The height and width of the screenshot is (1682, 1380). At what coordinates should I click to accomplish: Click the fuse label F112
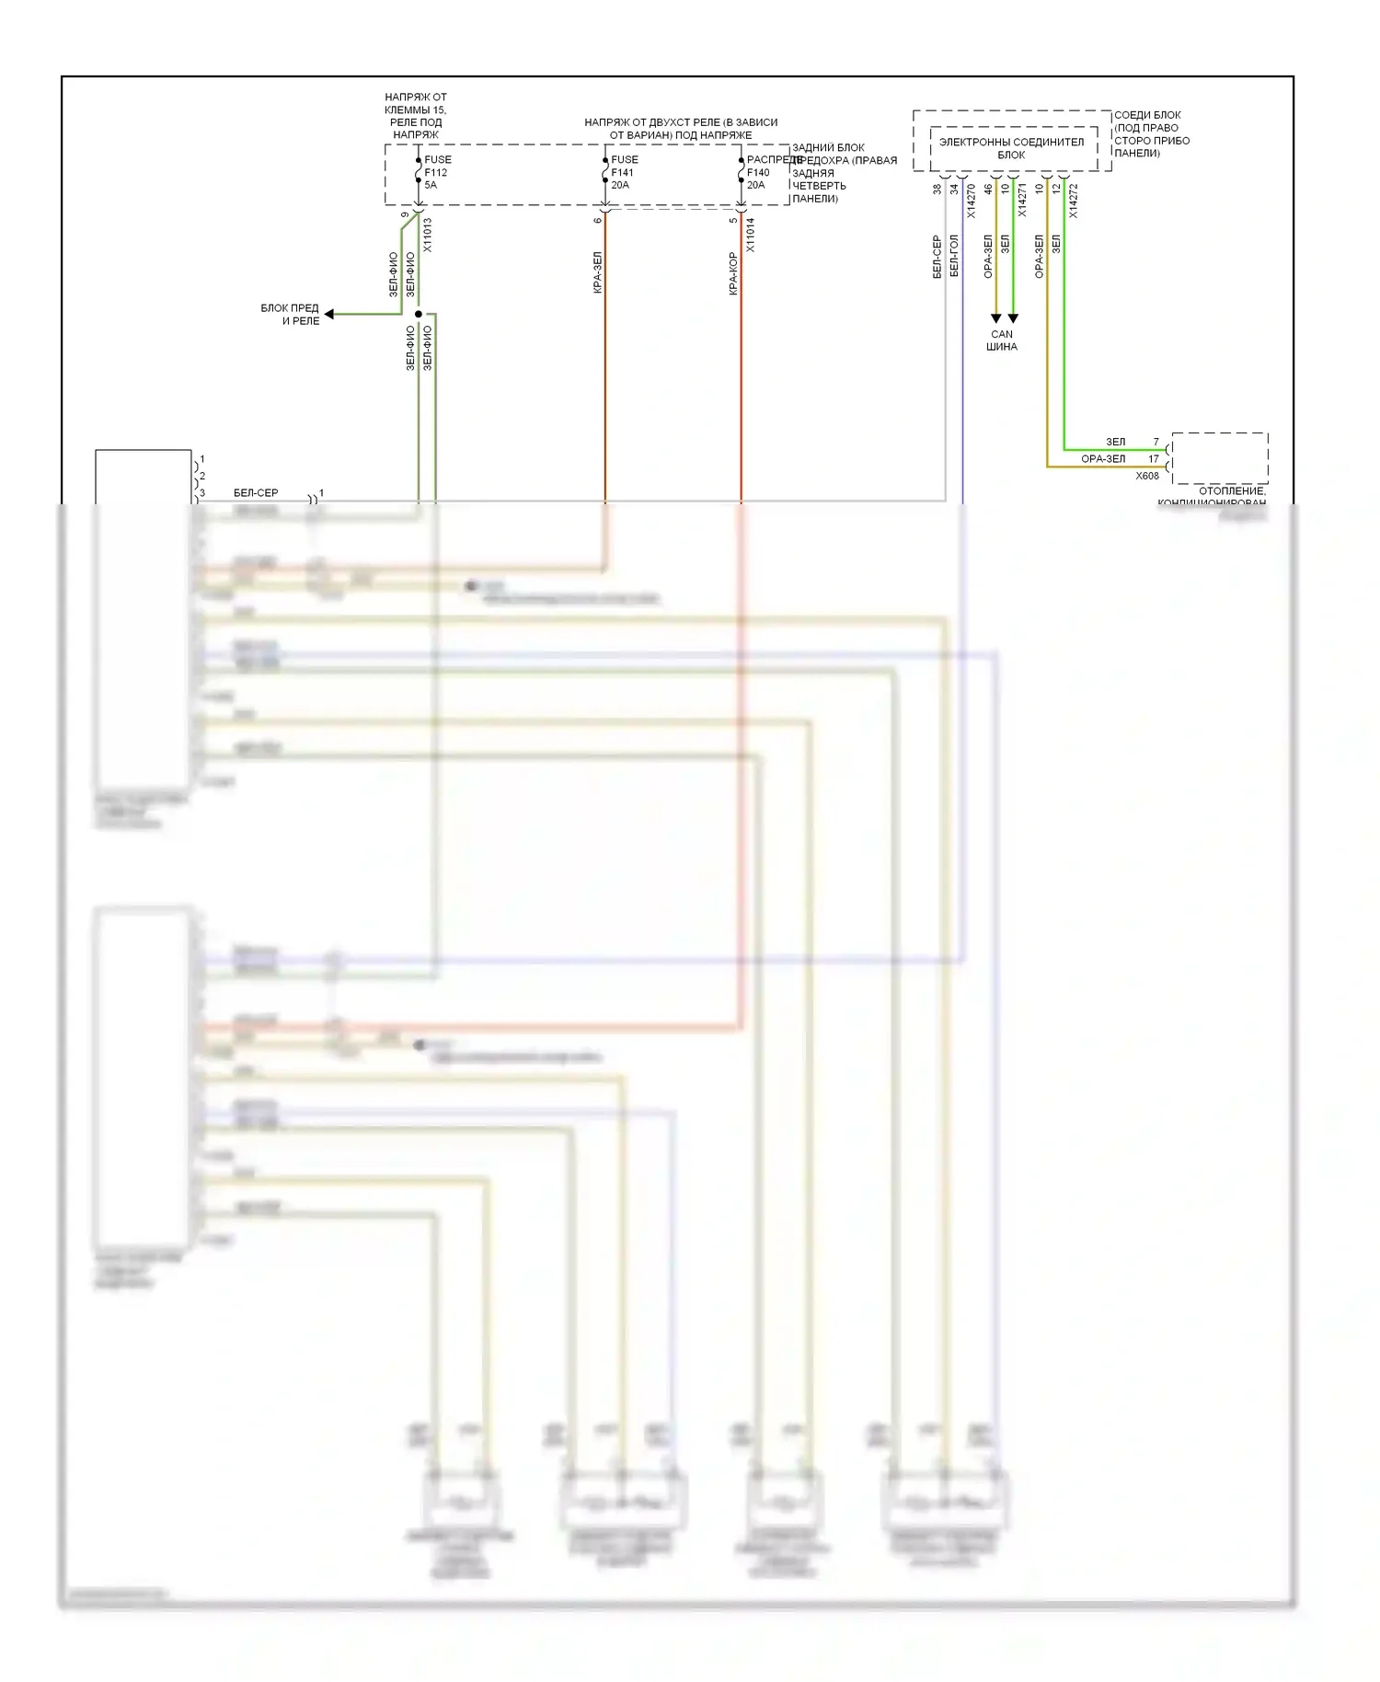pyautogui.click(x=436, y=172)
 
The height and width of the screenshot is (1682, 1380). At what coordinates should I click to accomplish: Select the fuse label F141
pyautogui.click(x=624, y=172)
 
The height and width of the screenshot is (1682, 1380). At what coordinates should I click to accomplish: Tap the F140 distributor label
pyautogui.click(x=758, y=172)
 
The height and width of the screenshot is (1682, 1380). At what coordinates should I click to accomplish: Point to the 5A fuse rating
pyautogui.click(x=431, y=185)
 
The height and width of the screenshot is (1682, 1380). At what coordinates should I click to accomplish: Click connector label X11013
pyautogui.click(x=428, y=236)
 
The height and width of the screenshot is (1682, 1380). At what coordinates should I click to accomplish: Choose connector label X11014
pyautogui.click(x=751, y=236)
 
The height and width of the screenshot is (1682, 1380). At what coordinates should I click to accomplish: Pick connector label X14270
pyautogui.click(x=972, y=202)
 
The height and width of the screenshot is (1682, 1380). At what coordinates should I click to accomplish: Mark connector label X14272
pyautogui.click(x=1074, y=202)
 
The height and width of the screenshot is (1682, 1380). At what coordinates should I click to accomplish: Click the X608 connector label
pyautogui.click(x=1147, y=476)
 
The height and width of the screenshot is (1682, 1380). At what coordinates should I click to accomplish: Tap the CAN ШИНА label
pyautogui.click(x=1002, y=340)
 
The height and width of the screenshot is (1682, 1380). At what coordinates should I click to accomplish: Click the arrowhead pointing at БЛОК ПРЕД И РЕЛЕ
pyautogui.click(x=329, y=315)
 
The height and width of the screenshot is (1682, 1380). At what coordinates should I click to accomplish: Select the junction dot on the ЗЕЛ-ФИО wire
pyautogui.click(x=419, y=315)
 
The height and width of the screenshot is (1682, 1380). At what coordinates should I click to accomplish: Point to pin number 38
pyautogui.click(x=937, y=190)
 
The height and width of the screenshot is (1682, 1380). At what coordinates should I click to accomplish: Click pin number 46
pyautogui.click(x=989, y=190)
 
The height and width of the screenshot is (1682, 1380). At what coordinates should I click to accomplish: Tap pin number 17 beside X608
pyautogui.click(x=1154, y=459)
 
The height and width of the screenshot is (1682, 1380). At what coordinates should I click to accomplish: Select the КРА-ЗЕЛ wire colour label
pyautogui.click(x=597, y=272)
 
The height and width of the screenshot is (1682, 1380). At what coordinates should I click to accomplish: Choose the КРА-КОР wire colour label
pyautogui.click(x=733, y=273)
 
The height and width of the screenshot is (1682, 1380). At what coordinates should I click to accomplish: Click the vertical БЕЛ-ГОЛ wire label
pyautogui.click(x=954, y=256)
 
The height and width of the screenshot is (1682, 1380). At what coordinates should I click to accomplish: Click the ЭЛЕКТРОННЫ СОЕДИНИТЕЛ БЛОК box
pyautogui.click(x=1011, y=148)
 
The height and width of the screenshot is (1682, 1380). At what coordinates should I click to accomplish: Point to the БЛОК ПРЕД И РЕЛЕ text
pyautogui.click(x=290, y=315)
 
